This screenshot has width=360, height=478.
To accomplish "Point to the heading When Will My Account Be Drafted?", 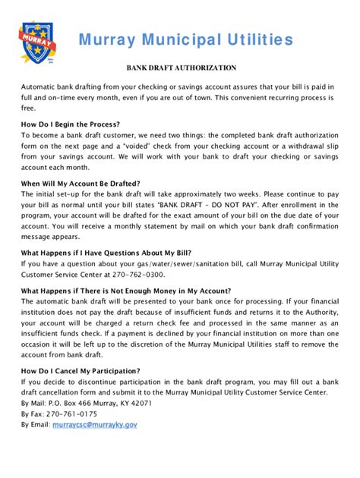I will [83, 183].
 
